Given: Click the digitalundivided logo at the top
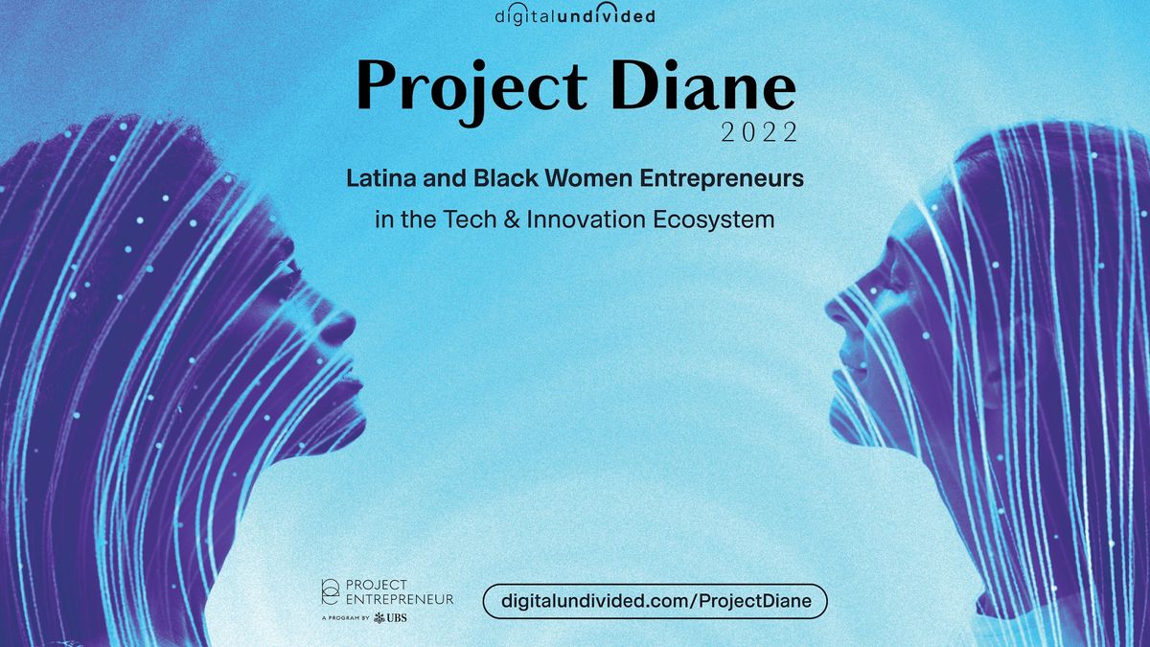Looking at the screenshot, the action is click(x=575, y=14).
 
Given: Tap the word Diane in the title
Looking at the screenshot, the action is click(x=703, y=85).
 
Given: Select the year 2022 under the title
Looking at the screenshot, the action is click(x=759, y=132).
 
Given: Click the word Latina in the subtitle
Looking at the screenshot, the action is click(x=380, y=178).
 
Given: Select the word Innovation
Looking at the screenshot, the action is click(x=586, y=220).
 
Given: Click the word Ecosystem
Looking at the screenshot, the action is click(x=714, y=220).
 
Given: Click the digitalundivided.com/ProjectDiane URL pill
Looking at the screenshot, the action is click(x=655, y=601).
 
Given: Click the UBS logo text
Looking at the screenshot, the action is click(x=396, y=617).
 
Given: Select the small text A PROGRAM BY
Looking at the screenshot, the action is click(x=345, y=618).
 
